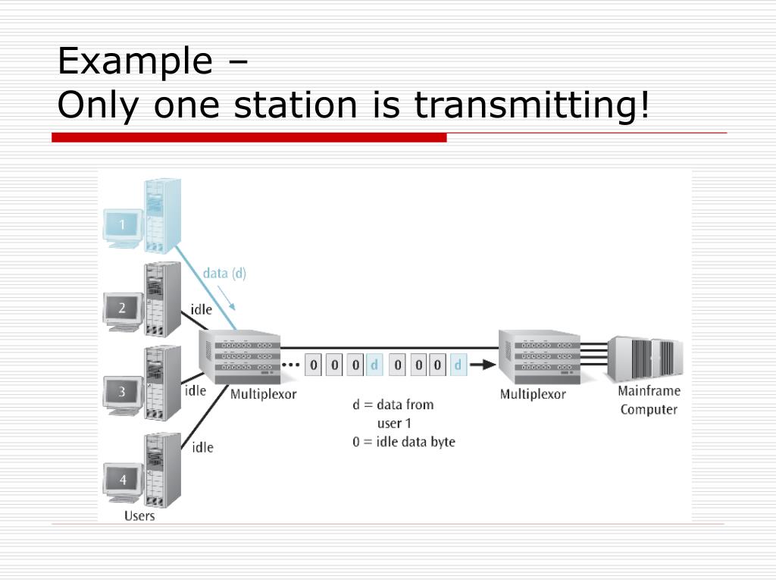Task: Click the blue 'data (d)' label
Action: pyautogui.click(x=224, y=273)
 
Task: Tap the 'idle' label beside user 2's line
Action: pyautogui.click(x=202, y=309)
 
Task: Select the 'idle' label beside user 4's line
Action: pyautogui.click(x=202, y=447)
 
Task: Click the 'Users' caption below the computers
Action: pyautogui.click(x=139, y=515)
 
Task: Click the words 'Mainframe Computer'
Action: pyautogui.click(x=649, y=400)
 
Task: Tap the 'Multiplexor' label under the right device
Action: pyautogui.click(x=533, y=394)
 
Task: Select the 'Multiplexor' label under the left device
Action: pyautogui.click(x=263, y=394)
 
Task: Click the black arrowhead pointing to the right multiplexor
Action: pyautogui.click(x=488, y=365)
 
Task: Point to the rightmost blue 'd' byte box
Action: pyautogui.click(x=458, y=365)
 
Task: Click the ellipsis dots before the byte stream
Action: pyautogui.click(x=291, y=365)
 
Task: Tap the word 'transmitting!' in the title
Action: pyautogui.click(x=531, y=105)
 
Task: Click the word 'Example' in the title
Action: pyautogui.click(x=135, y=61)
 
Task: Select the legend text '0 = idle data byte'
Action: pyautogui.click(x=404, y=442)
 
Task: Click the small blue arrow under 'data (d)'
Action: pyautogui.click(x=226, y=298)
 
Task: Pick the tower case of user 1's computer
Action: pyautogui.click(x=162, y=216)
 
